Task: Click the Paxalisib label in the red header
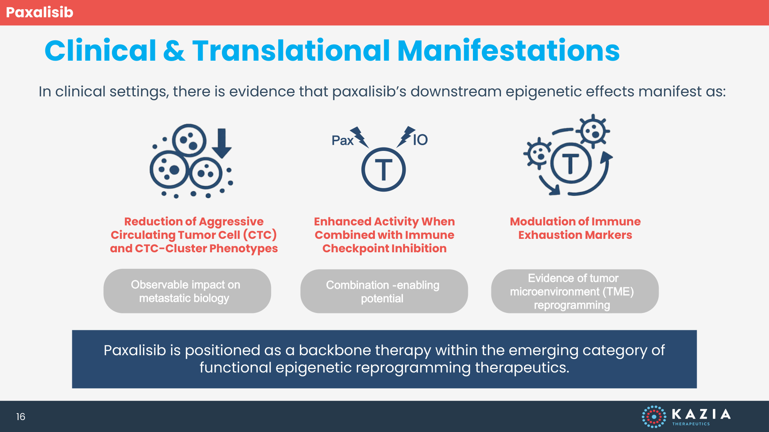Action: click(40, 12)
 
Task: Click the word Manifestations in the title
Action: click(508, 51)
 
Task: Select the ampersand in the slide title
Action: click(174, 51)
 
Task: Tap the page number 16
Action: click(21, 417)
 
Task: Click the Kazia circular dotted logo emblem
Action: click(654, 417)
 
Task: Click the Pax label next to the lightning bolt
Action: click(342, 141)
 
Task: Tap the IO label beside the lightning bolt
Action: click(420, 140)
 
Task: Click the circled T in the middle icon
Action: click(383, 170)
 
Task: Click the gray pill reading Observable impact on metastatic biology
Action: click(187, 291)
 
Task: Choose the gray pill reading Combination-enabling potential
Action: click(384, 291)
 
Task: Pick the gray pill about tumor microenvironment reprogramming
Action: click(574, 291)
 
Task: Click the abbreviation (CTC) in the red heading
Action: click(260, 235)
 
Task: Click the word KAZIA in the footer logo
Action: click(701, 414)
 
